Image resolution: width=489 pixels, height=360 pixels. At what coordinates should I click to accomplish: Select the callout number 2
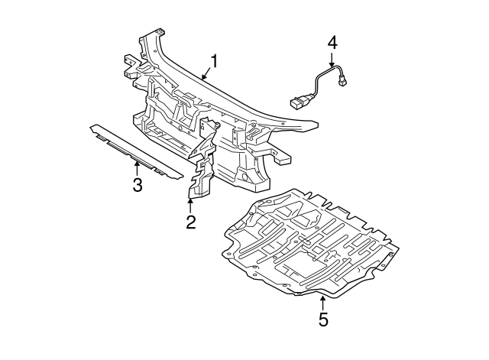click(190, 222)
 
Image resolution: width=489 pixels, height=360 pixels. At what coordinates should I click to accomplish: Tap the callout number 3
click(137, 184)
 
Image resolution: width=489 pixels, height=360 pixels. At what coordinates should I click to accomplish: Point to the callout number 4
click(332, 41)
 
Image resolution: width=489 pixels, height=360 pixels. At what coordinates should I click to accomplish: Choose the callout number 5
click(323, 320)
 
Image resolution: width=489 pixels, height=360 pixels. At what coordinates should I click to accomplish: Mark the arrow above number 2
click(190, 205)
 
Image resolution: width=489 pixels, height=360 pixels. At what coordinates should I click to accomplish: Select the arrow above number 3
click(137, 167)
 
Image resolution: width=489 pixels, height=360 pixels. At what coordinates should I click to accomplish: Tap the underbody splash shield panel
click(313, 241)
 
